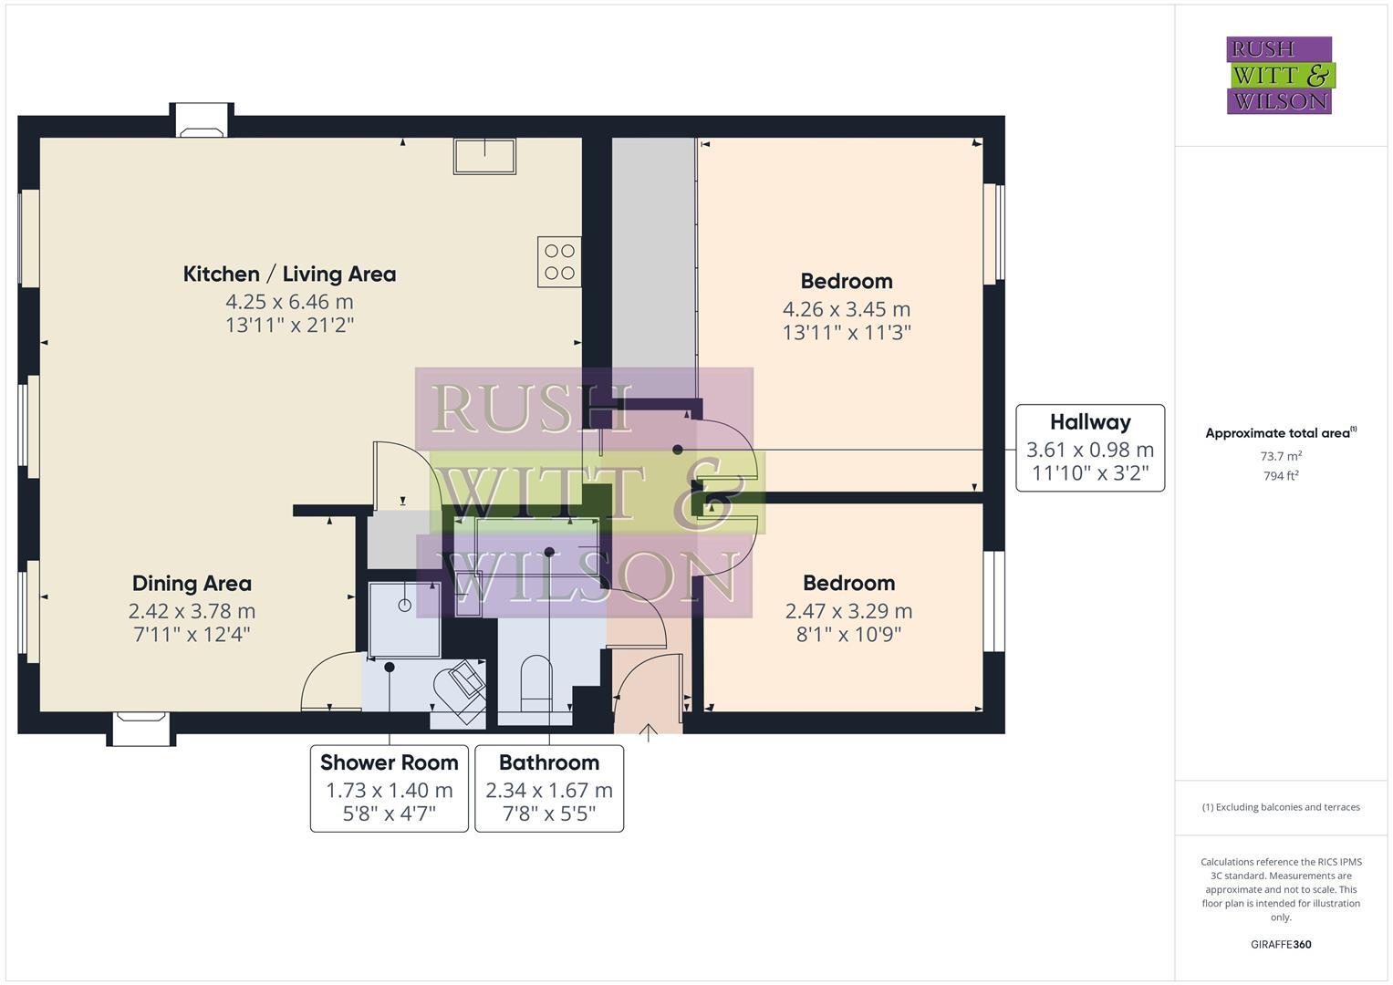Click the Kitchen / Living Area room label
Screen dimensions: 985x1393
coord(289,274)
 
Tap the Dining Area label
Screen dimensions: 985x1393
coord(192,584)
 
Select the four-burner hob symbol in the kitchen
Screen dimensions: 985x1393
coord(559,262)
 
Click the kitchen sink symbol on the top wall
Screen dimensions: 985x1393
coord(484,155)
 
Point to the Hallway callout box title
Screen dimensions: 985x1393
coord(1090,422)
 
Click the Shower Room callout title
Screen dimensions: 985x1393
coord(389,762)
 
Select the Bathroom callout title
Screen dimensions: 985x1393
coord(549,762)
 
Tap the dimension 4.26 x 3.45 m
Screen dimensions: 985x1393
coord(846,309)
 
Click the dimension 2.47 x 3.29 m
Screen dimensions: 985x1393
coord(848,611)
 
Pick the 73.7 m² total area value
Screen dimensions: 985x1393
coord(1281,456)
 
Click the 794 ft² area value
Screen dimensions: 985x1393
coord(1281,476)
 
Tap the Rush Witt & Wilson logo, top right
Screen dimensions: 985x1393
coord(1279,75)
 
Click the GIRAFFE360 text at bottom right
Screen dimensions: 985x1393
coord(1281,944)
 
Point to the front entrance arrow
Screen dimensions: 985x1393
coord(648,732)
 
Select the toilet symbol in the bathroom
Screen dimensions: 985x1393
coord(535,683)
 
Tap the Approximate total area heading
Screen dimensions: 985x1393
coord(1279,433)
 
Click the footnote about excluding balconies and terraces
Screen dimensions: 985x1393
coord(1281,807)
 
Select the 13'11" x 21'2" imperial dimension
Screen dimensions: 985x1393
coord(289,325)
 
